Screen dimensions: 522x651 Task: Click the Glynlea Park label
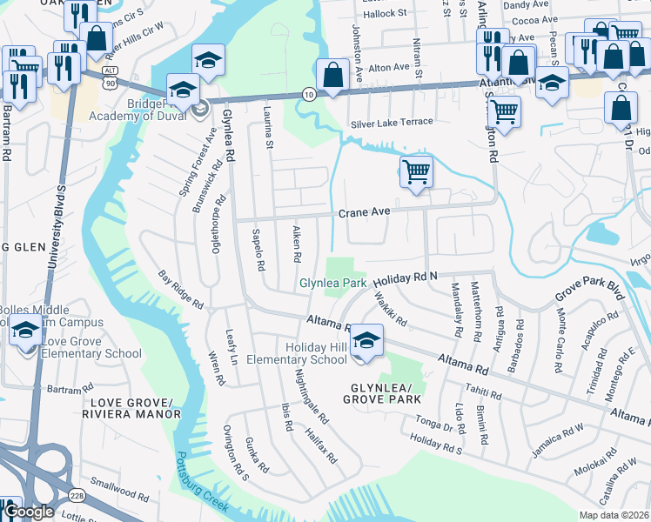coord(333,284)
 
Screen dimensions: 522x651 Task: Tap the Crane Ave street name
coord(362,211)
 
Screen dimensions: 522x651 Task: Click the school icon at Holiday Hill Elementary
coord(367,339)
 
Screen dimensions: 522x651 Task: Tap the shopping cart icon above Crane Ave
coord(416,171)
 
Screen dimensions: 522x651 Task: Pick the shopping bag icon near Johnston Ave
coord(332,74)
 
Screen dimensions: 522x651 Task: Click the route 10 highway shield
coord(309,93)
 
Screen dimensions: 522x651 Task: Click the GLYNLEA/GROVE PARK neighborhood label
coord(381,393)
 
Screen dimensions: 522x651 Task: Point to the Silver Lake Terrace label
coord(391,122)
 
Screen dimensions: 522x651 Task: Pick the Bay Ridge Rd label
coord(180,291)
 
